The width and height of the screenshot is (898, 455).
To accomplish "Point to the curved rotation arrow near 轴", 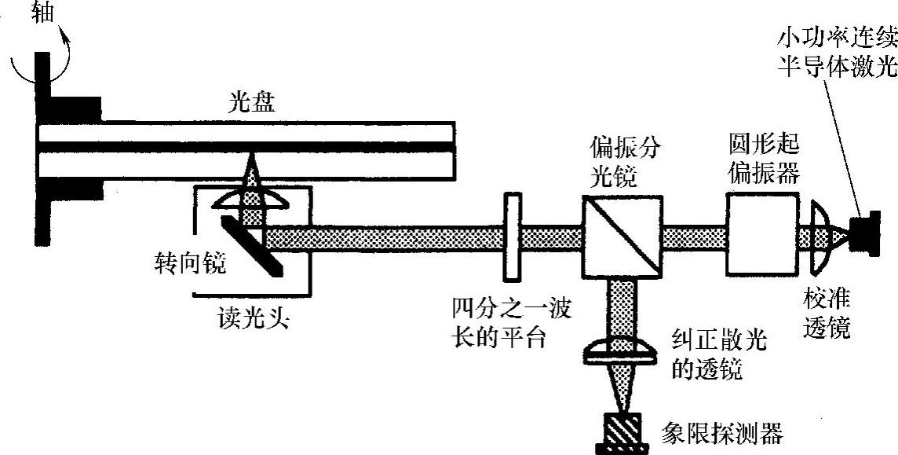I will coord(66,49).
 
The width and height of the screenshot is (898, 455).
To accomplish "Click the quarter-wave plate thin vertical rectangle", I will coord(512,238).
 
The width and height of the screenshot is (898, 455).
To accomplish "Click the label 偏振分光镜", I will coord(617,161).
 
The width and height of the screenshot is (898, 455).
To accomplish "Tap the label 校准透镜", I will coord(827,314).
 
